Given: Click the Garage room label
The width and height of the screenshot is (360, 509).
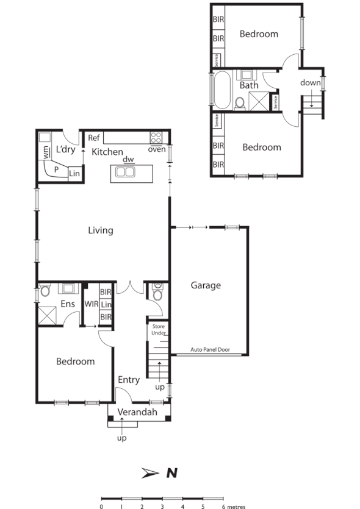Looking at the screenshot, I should [x=206, y=285].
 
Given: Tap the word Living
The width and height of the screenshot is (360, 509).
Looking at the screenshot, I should [x=101, y=230].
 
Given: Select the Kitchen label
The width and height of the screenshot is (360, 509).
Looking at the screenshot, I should [x=107, y=152].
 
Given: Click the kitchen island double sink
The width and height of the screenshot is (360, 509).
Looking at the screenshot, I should [x=126, y=173].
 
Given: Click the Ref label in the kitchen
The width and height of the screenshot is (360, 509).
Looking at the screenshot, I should [x=94, y=138].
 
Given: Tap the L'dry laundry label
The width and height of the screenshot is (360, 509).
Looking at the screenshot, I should [x=65, y=149].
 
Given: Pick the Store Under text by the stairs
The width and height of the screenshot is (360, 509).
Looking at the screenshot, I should [x=158, y=330].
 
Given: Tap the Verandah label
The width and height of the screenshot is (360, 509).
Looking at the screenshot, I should [x=137, y=413].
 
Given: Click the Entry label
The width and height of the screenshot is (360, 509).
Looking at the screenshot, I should [x=129, y=380].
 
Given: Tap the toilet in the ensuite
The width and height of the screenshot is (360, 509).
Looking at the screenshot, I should [x=45, y=291].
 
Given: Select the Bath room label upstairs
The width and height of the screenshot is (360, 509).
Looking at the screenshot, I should [x=248, y=85].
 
